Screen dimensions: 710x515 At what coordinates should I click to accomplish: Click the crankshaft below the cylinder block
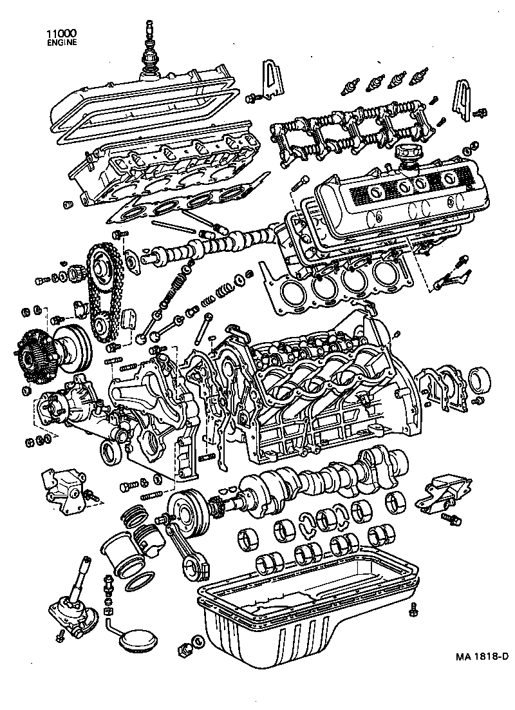pyautogui.click(x=322, y=480)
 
